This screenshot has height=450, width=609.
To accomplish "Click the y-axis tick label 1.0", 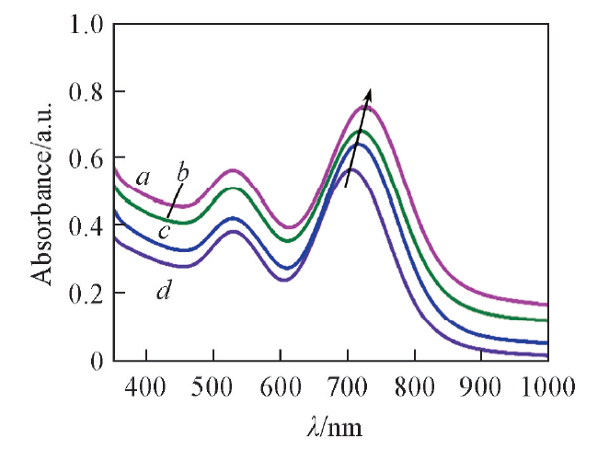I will [85, 25].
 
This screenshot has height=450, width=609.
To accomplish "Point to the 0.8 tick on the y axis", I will [85, 92].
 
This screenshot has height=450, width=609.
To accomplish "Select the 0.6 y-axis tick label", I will [85, 159].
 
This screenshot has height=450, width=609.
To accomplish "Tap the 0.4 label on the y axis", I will [85, 226].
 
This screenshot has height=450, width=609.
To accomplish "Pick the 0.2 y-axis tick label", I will [85, 294].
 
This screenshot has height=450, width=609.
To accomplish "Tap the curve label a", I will [142, 177].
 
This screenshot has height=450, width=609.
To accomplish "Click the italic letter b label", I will [182, 171].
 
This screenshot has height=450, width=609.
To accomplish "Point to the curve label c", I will [164, 230].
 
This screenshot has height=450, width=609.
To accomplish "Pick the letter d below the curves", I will [164, 293].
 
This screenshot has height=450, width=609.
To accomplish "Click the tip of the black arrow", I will [370, 89].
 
